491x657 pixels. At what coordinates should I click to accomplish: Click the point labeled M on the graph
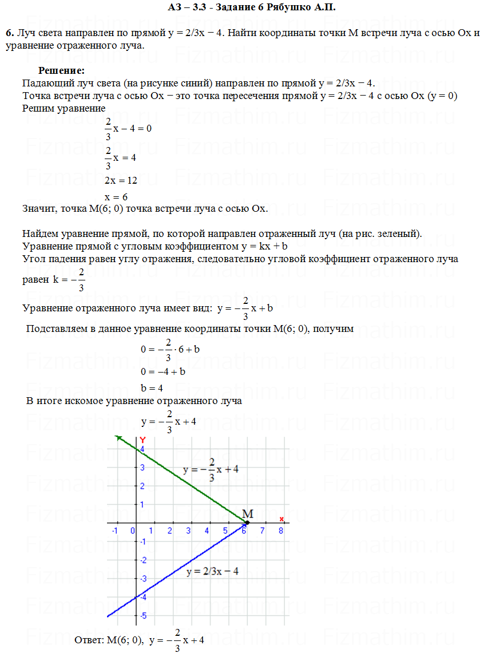tap(247, 522)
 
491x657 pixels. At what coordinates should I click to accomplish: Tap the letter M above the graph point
tap(248, 513)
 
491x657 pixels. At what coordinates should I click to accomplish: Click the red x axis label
tap(282, 519)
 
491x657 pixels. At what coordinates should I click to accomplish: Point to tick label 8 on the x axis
tap(280, 531)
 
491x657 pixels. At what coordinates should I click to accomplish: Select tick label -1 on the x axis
tap(114, 531)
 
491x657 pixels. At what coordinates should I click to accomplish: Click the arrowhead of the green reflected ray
tap(118, 438)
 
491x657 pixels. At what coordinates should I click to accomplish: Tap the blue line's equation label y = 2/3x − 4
tap(212, 572)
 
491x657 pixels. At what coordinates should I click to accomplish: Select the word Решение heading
tap(61, 71)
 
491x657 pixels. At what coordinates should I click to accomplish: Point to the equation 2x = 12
tap(121, 181)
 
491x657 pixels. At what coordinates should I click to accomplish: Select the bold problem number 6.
tap(9, 33)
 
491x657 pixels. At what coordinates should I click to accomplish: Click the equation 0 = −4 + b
tap(163, 371)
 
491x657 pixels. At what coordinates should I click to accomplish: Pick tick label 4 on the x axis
tap(207, 531)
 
